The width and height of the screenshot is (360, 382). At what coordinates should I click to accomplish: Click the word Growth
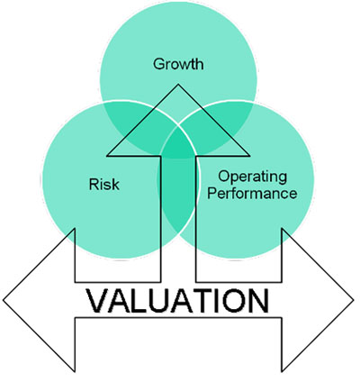point(178,65)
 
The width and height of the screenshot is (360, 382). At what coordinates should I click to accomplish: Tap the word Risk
point(104,184)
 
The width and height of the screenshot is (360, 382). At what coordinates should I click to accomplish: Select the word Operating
point(252,177)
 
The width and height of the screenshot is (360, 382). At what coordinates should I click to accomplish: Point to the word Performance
point(252,193)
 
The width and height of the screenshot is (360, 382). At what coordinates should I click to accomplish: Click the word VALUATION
point(177,301)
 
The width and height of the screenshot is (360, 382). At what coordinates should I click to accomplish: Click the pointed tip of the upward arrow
point(178,85)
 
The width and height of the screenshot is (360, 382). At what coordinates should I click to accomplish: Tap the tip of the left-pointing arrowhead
point(4,300)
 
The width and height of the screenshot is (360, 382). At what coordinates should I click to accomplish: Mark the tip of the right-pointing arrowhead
point(354,300)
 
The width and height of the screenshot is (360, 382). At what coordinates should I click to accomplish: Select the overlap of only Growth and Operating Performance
point(231,118)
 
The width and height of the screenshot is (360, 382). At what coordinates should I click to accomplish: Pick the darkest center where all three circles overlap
point(178,144)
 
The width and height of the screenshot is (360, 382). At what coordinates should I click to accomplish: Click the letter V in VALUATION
point(98,301)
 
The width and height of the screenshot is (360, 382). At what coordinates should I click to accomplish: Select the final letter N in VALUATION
point(258,301)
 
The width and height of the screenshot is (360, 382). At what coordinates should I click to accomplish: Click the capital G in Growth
point(159,64)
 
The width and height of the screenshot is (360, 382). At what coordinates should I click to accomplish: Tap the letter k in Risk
point(115,184)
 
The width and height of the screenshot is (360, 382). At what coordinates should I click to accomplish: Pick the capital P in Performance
point(212,193)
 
